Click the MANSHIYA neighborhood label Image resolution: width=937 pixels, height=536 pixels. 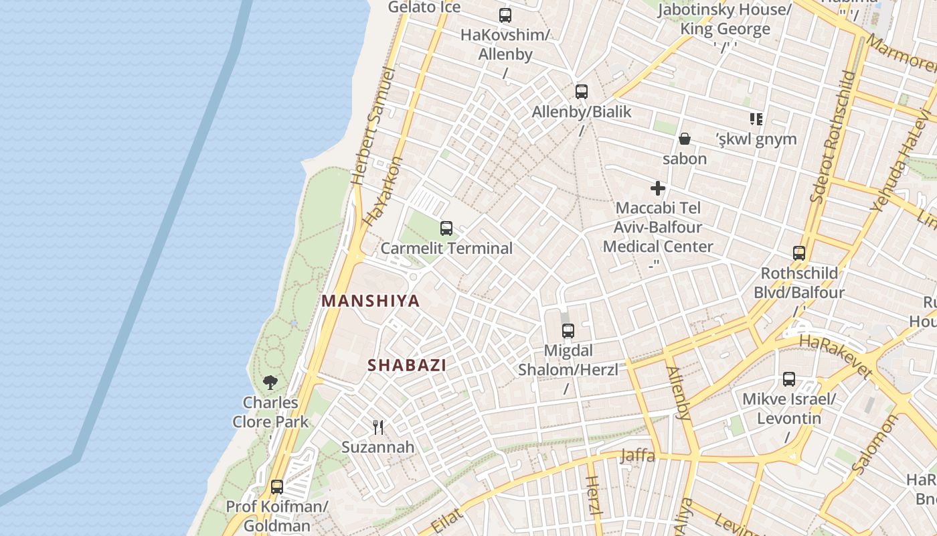click(x=371, y=301)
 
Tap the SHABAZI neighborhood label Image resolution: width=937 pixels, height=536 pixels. click(x=407, y=365)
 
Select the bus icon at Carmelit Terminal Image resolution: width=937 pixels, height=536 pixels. click(x=446, y=228)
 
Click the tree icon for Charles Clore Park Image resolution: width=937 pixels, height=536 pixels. click(x=270, y=383)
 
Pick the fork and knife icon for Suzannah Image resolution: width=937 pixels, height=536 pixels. click(x=378, y=427)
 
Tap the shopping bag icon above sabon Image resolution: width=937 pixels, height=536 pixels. click(x=685, y=139)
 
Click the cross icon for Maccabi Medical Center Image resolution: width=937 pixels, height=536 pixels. click(x=658, y=188)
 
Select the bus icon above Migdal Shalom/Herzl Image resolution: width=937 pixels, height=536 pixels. click(x=568, y=330)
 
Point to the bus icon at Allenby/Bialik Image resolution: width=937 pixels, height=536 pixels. click(x=582, y=92)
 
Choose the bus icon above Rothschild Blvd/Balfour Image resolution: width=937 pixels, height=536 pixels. click(x=799, y=253)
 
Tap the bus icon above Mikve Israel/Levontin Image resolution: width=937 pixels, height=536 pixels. click(x=789, y=379)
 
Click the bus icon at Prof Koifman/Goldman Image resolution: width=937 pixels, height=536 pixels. click(x=277, y=487)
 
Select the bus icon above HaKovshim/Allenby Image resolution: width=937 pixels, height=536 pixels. click(x=505, y=15)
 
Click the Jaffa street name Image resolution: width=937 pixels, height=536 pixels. click(x=638, y=456)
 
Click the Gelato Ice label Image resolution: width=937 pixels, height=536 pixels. click(x=424, y=7)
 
